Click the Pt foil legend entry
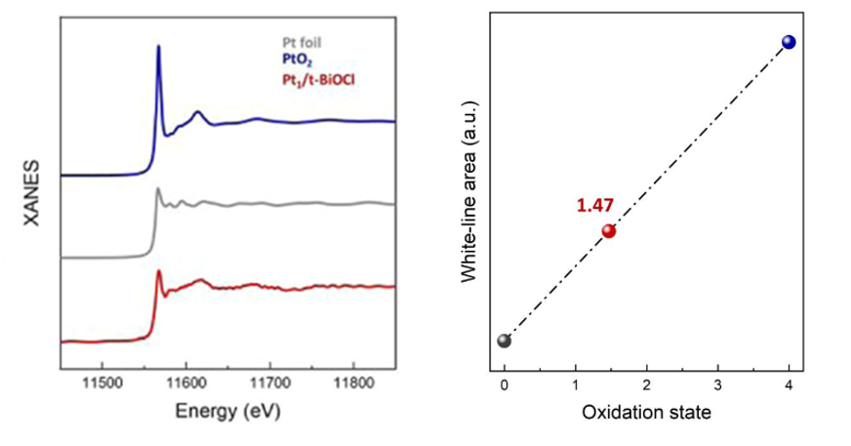click(x=294, y=42)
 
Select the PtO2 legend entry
click(x=290, y=59)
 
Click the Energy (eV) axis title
click(x=227, y=413)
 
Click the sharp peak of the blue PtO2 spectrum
click(x=159, y=47)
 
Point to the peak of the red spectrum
click(x=159, y=272)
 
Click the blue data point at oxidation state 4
click(x=789, y=41)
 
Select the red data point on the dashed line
click(x=609, y=231)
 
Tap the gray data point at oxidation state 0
click(x=504, y=341)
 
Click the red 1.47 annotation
click(x=594, y=206)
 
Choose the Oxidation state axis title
click(x=647, y=412)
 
